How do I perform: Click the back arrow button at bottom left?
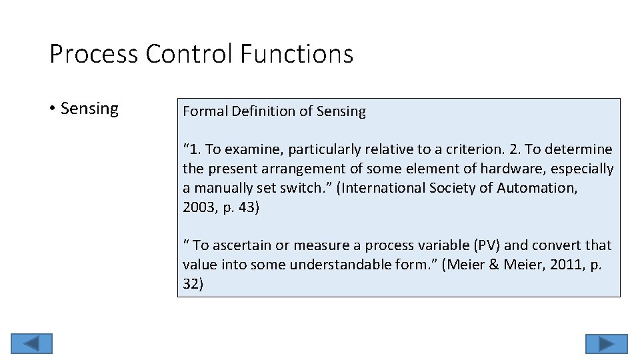[x=32, y=343]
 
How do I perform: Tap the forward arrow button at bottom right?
[x=606, y=343]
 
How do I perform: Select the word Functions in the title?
[x=297, y=54]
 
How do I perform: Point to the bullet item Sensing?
[x=89, y=109]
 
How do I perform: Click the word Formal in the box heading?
[x=205, y=111]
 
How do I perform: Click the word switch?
[x=303, y=188]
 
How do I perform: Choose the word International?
[x=387, y=188]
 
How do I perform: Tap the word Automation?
[x=538, y=188]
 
